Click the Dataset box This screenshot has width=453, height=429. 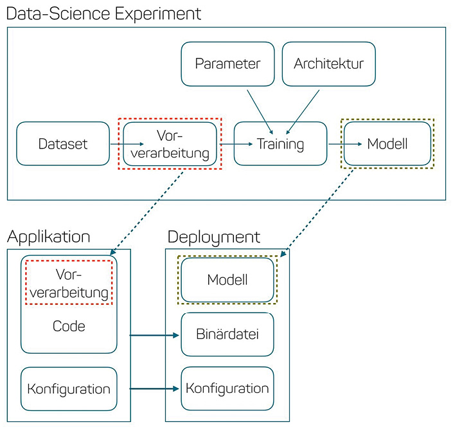(63, 143)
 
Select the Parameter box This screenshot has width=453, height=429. (227, 64)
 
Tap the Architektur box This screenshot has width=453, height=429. (328, 64)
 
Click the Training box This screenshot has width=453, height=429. (280, 143)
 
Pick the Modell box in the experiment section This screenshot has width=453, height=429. (387, 143)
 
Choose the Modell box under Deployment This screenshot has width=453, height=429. (227, 280)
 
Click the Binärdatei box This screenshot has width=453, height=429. (227, 334)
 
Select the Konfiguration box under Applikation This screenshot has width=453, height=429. (69, 389)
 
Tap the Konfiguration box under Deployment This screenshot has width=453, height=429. (227, 388)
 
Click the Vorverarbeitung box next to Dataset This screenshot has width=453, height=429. (170, 143)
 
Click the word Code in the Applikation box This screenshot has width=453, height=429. (69, 326)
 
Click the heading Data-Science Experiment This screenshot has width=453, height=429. (103, 13)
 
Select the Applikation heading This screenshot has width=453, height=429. (48, 237)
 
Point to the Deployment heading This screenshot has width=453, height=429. (214, 237)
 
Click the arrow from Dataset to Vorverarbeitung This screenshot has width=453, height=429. (116, 144)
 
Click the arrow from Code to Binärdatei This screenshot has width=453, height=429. (155, 335)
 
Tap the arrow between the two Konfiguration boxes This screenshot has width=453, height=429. (155, 388)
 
